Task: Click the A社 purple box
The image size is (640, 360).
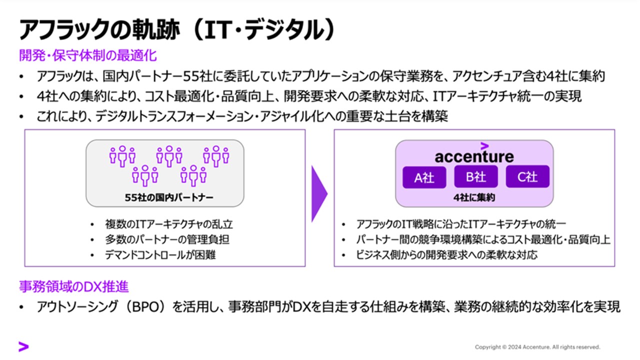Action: click(424, 177)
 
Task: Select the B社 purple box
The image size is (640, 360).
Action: click(476, 176)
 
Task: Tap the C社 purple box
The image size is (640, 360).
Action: click(527, 176)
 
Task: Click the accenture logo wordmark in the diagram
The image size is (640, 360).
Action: click(474, 156)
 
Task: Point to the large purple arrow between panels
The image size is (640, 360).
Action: click(319, 193)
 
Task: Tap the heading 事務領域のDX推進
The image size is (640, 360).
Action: click(74, 286)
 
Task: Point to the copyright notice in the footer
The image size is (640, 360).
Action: click(537, 347)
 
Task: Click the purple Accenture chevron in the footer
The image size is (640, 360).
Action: click(23, 346)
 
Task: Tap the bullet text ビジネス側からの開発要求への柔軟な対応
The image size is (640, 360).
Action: click(446, 255)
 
